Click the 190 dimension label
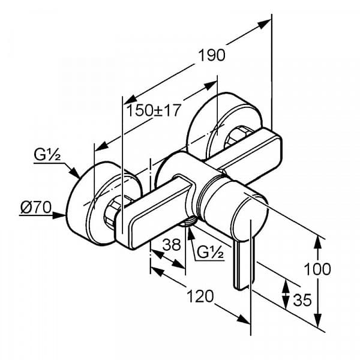point(212,55)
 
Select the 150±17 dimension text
point(154,110)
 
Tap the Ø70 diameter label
point(36,208)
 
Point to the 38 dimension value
point(172,245)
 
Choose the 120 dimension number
point(200,296)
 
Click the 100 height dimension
point(317,269)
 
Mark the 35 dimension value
point(302,300)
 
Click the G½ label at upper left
point(47,155)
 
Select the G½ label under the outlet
point(210,253)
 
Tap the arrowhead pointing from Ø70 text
point(59,215)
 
